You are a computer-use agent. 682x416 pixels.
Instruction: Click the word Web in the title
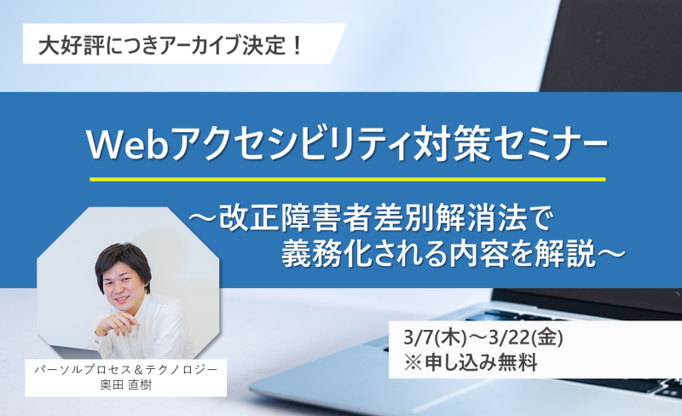(x=128, y=145)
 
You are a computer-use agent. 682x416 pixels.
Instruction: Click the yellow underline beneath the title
(x=348, y=179)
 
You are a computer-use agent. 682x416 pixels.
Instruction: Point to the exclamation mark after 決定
(x=298, y=46)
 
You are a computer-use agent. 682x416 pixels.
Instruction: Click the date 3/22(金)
(x=526, y=338)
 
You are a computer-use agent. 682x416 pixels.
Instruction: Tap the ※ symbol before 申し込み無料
(x=413, y=363)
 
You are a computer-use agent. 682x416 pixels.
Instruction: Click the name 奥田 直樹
(x=125, y=385)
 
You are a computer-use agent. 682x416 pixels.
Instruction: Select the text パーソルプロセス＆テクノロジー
(x=125, y=369)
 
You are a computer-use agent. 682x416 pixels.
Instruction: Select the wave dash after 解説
(x=611, y=253)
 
